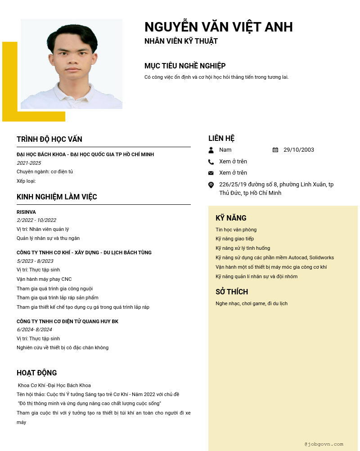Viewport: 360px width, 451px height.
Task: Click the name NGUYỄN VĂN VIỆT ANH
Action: tap(218, 27)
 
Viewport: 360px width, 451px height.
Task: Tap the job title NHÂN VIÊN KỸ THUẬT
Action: tap(181, 41)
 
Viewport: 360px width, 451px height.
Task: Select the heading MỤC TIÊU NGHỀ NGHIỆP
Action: tap(185, 66)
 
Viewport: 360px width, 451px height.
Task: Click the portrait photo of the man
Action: tap(72, 64)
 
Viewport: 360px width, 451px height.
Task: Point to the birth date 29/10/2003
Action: tap(299, 150)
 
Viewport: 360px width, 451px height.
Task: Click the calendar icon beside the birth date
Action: tap(275, 150)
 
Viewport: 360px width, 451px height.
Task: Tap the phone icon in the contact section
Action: tap(211, 162)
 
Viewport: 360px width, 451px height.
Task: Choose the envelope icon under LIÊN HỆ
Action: tap(211, 173)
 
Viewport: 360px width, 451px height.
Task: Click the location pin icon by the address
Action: tap(211, 185)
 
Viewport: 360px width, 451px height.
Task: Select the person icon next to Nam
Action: tap(211, 150)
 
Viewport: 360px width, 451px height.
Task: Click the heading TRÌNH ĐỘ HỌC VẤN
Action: tap(49, 139)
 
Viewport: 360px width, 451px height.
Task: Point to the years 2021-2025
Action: tap(29, 163)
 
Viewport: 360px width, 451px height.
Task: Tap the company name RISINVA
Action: tap(26, 212)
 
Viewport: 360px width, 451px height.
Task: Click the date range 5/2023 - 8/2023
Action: tap(35, 261)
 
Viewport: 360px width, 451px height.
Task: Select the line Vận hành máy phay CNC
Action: tap(44, 279)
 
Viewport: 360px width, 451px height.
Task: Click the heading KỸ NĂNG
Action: tap(231, 218)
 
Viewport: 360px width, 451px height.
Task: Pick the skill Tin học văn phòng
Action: tap(236, 230)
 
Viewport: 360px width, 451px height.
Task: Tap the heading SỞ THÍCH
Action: tap(232, 292)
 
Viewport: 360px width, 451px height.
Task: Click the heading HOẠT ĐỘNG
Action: tap(37, 373)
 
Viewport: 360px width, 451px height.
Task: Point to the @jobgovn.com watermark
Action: tap(324, 444)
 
